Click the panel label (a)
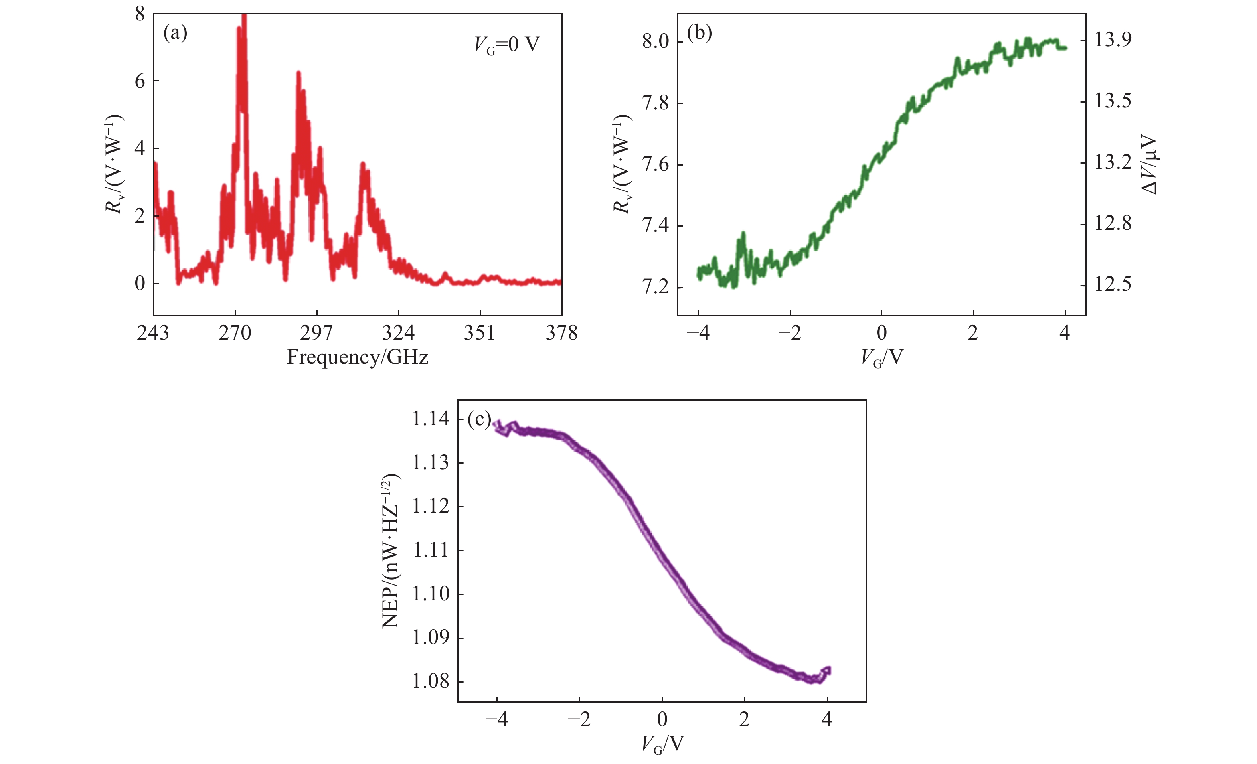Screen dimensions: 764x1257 click(x=175, y=34)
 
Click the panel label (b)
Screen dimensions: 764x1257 click(x=700, y=34)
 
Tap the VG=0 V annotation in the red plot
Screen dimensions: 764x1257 click(x=506, y=45)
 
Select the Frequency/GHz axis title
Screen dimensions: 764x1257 click(x=357, y=357)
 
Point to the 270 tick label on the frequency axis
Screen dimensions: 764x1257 click(x=235, y=333)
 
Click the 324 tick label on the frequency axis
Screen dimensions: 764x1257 click(x=398, y=333)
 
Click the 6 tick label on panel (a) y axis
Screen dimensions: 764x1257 click(x=140, y=81)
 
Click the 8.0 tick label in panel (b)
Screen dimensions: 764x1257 click(x=656, y=41)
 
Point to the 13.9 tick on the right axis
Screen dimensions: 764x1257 click(x=1113, y=39)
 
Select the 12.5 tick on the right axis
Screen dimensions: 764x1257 click(x=1113, y=284)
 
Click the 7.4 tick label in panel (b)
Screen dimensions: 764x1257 click(x=656, y=225)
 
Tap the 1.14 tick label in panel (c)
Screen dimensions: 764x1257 click(x=431, y=419)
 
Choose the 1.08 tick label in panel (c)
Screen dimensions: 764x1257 click(x=431, y=681)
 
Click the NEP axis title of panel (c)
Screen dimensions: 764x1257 click(x=391, y=551)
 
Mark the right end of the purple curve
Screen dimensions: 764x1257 click(x=828, y=670)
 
